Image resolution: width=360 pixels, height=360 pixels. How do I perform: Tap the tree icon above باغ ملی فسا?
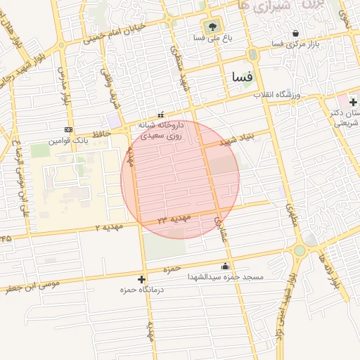(214, 27)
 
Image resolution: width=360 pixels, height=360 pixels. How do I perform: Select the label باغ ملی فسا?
(213, 38)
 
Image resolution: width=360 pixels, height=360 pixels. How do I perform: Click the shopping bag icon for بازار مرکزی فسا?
(295, 33)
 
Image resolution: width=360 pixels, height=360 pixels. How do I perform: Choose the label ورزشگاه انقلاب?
(283, 94)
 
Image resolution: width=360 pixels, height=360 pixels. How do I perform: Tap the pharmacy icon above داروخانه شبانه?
(160, 115)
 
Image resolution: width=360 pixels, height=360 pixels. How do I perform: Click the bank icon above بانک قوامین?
(68, 129)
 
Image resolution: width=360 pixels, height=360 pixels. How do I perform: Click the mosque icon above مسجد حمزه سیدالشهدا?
(225, 266)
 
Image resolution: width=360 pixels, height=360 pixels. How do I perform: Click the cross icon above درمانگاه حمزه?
(142, 279)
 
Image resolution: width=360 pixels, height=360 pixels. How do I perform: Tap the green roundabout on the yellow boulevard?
(300, 250)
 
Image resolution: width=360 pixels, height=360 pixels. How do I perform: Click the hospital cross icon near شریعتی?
(352, 103)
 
